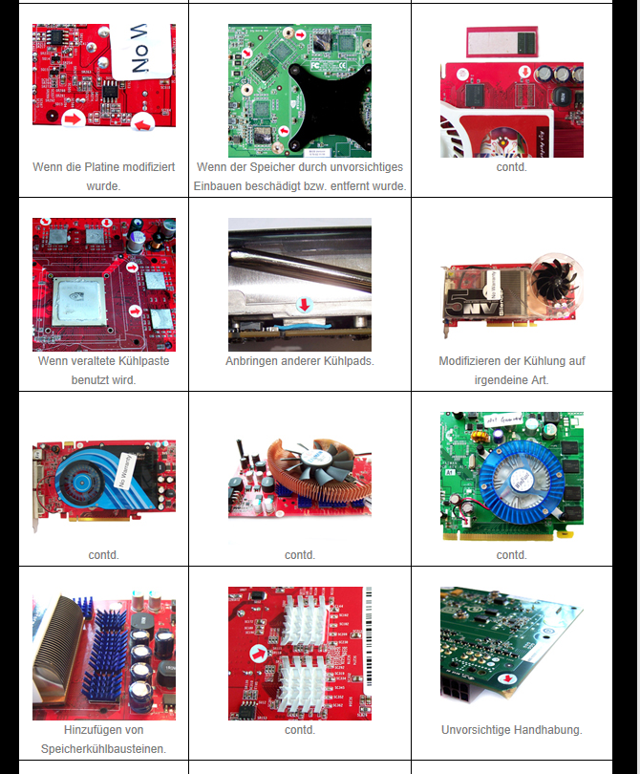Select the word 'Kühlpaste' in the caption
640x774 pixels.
point(146,361)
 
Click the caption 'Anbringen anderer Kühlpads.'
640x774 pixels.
point(300,361)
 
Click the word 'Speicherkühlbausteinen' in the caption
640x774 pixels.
point(103,749)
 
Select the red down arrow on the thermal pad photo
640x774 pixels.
point(305,305)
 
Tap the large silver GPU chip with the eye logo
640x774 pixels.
point(80,301)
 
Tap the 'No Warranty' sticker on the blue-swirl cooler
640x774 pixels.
point(123,470)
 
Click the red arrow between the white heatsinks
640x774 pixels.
point(259,654)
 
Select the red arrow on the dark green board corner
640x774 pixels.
point(508,678)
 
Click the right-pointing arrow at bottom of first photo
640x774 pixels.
point(73,118)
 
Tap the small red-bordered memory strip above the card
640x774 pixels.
point(501,42)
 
